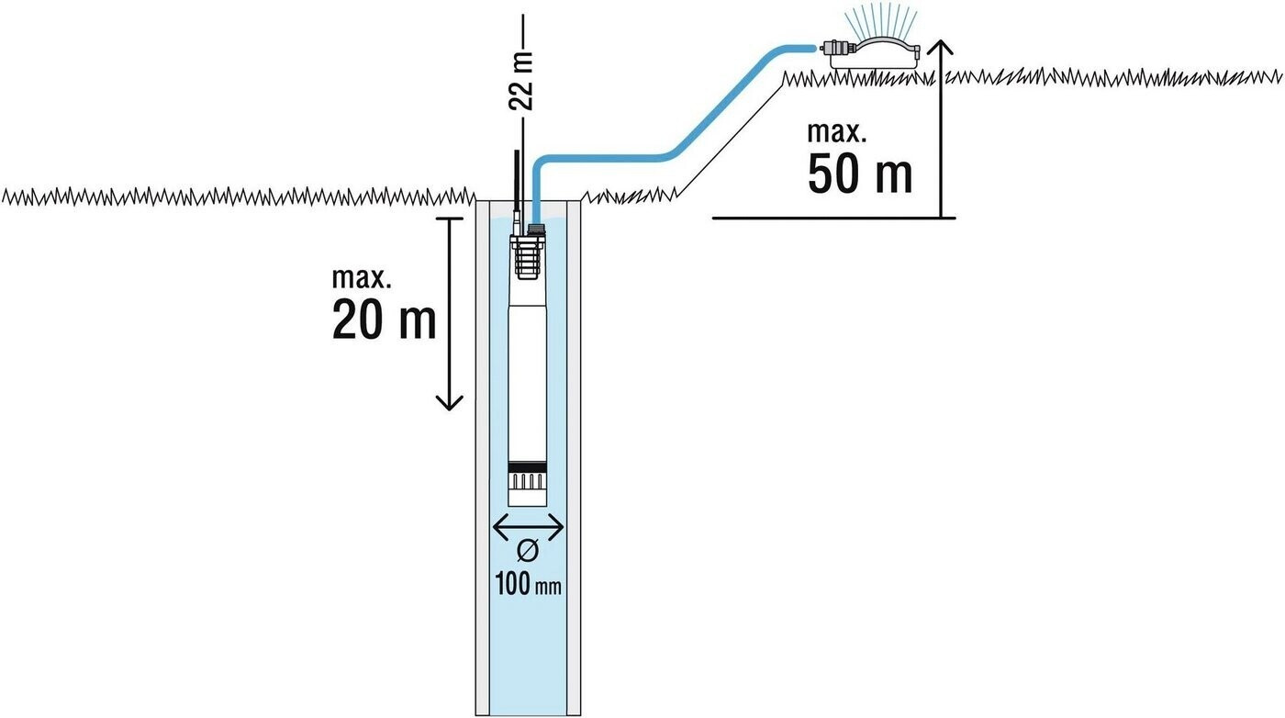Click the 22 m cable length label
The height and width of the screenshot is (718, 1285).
521,80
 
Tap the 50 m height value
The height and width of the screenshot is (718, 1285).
859,174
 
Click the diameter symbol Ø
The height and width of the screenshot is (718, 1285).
528,551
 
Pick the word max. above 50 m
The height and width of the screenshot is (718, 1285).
836,132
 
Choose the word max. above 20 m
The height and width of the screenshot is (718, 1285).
362,278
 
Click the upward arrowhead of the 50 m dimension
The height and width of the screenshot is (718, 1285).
941,46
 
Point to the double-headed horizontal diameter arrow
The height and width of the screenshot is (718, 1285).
528,527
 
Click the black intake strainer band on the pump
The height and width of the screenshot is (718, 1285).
528,467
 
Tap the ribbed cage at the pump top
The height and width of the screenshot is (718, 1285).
528,258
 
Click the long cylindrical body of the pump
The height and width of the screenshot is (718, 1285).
528,370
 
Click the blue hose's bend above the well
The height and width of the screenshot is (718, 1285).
542,163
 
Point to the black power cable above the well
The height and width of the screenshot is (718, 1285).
518,186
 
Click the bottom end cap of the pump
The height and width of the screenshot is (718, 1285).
528,496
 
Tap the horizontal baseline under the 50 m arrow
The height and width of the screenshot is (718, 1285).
834,218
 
